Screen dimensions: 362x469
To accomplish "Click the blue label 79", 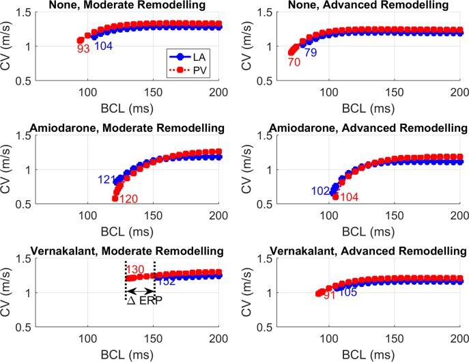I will (x=311, y=53).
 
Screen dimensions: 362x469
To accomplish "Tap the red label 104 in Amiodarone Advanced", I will (x=367, y=197).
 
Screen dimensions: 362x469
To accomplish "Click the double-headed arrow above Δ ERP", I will (x=140, y=289).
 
